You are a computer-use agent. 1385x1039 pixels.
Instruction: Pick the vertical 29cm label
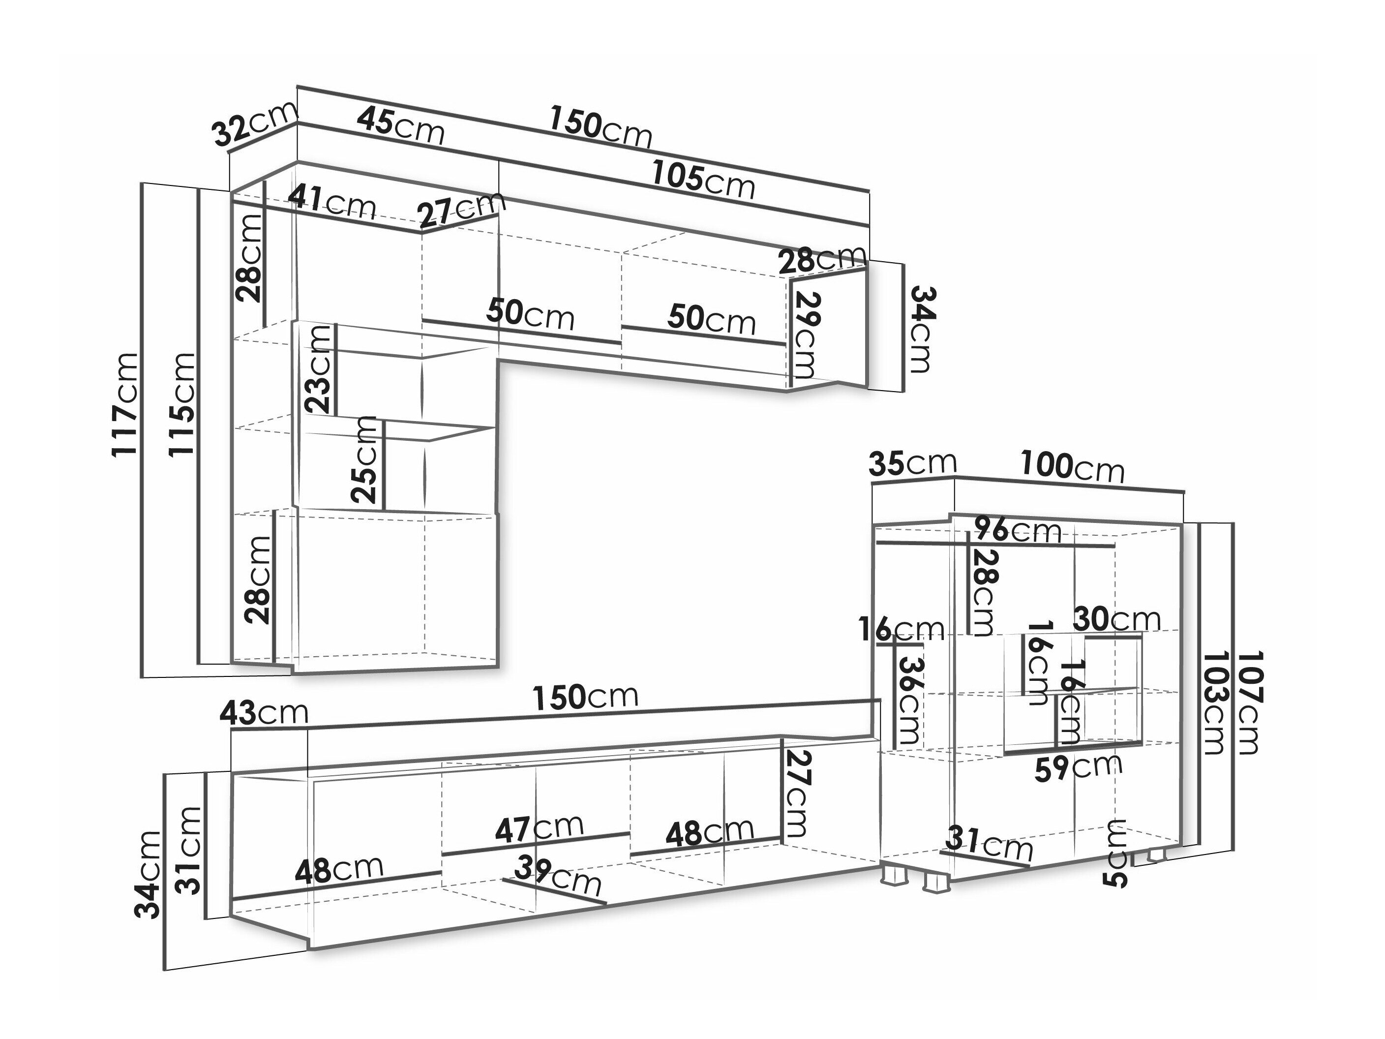pyautogui.click(x=807, y=335)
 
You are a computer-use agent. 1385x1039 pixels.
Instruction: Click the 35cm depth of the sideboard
pyautogui.click(x=912, y=463)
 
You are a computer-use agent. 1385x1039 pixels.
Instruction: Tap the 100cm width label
pyautogui.click(x=1072, y=466)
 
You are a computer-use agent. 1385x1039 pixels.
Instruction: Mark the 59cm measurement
pyautogui.click(x=1077, y=768)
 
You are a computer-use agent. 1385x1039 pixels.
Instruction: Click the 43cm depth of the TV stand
pyautogui.click(x=264, y=713)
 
